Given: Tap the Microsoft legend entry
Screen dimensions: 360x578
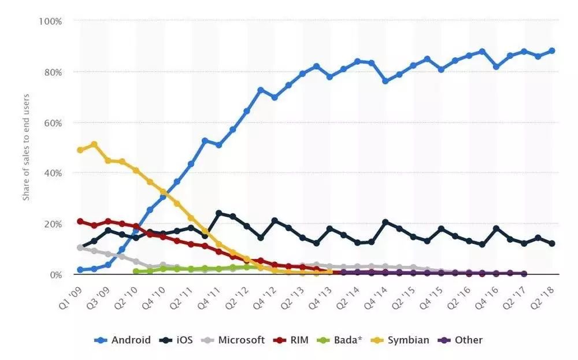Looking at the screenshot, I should (x=234, y=340).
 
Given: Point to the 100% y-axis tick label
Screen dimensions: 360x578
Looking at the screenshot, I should (x=50, y=21).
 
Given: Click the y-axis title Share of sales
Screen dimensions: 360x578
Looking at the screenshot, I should (x=25, y=147).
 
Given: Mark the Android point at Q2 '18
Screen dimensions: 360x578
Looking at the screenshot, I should (x=551, y=51).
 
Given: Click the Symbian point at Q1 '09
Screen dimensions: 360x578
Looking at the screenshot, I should (x=80, y=150).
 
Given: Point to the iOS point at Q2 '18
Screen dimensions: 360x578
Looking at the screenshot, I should (x=551, y=243).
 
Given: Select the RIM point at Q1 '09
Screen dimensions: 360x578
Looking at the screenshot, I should (x=80, y=221).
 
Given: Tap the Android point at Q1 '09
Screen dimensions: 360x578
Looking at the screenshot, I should (x=80, y=270).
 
